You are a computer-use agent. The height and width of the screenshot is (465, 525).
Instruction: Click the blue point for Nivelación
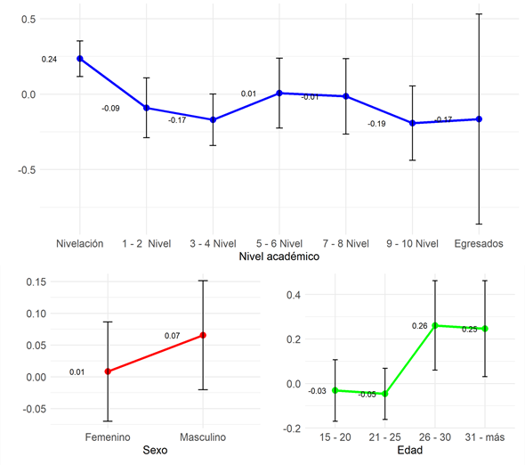(x=80, y=59)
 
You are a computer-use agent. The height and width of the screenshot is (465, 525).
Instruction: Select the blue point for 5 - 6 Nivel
(x=279, y=93)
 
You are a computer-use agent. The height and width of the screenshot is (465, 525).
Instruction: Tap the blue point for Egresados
(x=479, y=118)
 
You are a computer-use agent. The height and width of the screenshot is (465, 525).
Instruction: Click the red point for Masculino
(x=204, y=335)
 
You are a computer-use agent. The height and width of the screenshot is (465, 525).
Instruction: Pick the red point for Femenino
(x=108, y=371)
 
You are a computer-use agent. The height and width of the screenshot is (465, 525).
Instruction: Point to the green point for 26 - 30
(x=435, y=326)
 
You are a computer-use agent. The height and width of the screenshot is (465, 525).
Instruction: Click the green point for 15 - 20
(x=335, y=390)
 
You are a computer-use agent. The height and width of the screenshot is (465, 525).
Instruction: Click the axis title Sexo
(x=156, y=452)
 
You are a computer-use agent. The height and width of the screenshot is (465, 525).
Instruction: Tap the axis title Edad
(x=409, y=452)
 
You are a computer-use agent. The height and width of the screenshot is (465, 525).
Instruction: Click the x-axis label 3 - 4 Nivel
(x=213, y=243)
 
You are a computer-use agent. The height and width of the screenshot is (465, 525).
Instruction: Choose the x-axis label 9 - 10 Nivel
(x=412, y=243)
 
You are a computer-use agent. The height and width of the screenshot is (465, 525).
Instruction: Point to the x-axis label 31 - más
(x=485, y=437)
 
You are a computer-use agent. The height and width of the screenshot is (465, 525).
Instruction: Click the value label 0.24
(x=49, y=59)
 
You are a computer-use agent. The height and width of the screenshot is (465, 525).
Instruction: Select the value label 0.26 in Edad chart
(x=420, y=326)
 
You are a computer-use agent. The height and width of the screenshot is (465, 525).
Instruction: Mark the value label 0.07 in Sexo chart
(x=173, y=336)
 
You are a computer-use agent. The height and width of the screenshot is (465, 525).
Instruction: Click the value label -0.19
(x=376, y=124)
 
